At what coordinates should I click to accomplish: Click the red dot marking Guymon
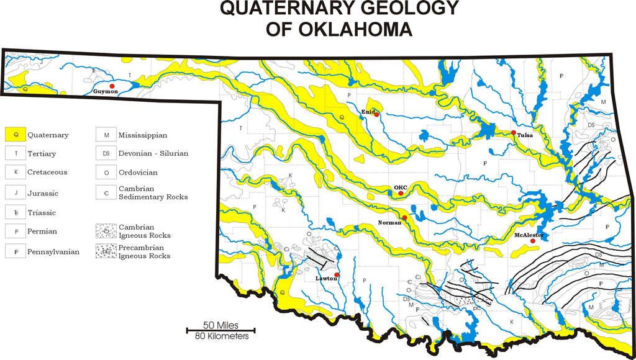coord(112,86)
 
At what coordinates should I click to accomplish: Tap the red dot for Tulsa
coord(514,133)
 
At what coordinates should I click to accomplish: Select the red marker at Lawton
coord(337,274)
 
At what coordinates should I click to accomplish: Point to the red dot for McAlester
coord(532,241)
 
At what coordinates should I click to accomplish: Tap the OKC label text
coord(400,187)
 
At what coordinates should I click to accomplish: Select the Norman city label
coord(389,222)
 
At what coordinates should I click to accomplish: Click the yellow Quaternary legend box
coord(16,134)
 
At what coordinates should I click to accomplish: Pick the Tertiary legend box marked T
coord(16,153)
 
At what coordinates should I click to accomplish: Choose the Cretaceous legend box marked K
coord(16,172)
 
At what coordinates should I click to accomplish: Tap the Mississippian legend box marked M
coord(106,134)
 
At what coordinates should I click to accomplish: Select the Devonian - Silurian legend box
coord(106,153)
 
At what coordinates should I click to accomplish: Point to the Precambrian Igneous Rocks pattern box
coord(106,251)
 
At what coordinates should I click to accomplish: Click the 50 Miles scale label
coord(220,325)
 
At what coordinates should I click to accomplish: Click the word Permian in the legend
coord(42,232)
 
